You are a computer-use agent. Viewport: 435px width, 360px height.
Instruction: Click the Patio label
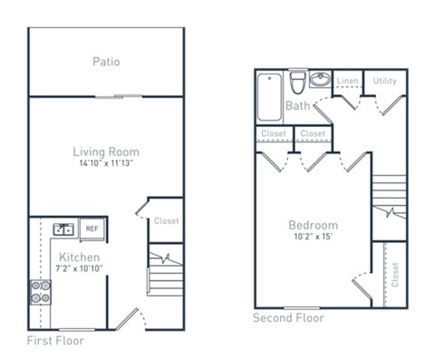click(106, 62)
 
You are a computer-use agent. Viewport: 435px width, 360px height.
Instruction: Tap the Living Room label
click(106, 151)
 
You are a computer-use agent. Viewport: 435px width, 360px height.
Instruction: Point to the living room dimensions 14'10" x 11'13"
click(106, 165)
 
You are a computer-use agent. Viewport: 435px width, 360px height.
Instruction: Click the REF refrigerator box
click(92, 229)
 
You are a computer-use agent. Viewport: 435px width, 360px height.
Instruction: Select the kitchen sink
click(63, 229)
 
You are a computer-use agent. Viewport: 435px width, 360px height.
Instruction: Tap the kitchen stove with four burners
click(42, 291)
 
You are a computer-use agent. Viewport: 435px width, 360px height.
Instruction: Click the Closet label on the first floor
click(166, 221)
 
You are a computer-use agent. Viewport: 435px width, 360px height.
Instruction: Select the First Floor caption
click(55, 343)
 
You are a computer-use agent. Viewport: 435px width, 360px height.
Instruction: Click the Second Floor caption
click(287, 318)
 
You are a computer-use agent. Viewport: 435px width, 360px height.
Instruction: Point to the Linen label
click(347, 82)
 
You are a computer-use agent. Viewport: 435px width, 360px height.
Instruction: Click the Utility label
click(384, 82)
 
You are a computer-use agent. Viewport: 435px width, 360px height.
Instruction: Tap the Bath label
click(297, 107)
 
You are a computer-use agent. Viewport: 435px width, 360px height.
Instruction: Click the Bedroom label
click(313, 225)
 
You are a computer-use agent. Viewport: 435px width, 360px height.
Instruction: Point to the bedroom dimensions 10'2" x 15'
click(313, 238)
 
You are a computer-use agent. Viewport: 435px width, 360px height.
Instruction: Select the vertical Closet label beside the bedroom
click(394, 274)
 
